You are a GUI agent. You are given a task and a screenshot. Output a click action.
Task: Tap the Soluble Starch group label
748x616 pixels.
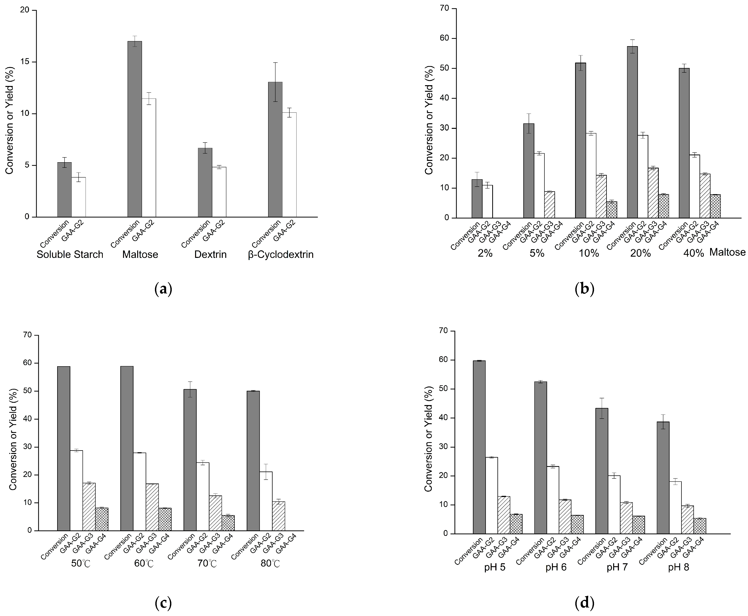coord(70,254)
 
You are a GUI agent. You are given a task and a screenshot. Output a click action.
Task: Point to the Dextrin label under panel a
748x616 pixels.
coord(210,254)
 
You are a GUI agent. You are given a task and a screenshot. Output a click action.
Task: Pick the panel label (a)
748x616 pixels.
coord(164,289)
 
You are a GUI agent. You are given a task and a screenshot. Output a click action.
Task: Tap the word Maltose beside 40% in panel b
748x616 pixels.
coord(727,252)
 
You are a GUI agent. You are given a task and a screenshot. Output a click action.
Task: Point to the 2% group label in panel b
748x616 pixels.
coord(485,253)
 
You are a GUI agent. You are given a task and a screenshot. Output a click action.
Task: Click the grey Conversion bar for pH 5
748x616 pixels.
coord(479,447)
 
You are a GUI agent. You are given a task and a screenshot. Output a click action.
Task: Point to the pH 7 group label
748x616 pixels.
coord(617,567)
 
